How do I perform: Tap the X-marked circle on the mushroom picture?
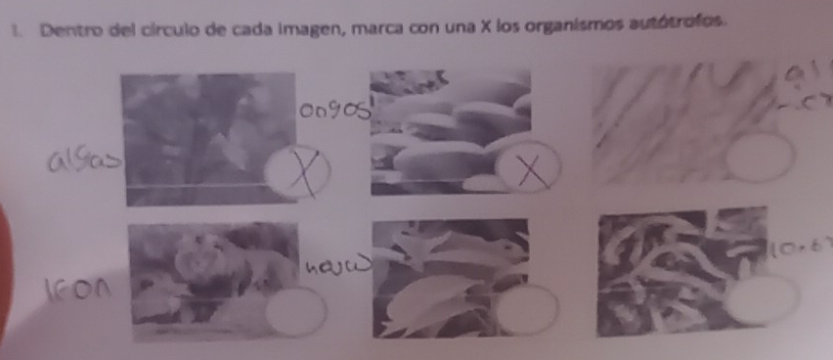530,172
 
